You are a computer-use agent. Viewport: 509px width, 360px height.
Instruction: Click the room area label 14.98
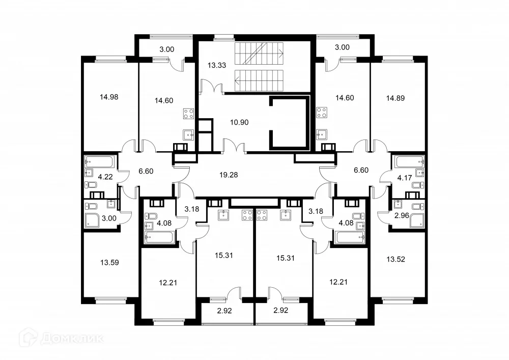[109, 96]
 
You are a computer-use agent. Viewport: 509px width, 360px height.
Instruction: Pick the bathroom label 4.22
[105, 177]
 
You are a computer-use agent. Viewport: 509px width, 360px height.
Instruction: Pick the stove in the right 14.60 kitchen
[321, 113]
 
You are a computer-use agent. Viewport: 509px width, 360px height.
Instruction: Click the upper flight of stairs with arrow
[259, 52]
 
